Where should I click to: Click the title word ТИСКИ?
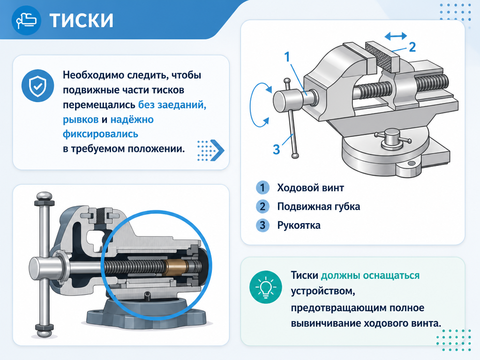click(82, 20)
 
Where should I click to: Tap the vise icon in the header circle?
click(26, 20)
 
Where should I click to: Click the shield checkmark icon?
click(37, 86)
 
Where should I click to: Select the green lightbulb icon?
click(265, 287)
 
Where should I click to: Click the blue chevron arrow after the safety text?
click(217, 150)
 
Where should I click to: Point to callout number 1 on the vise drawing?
click(287, 57)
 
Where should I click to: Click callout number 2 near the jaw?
click(412, 47)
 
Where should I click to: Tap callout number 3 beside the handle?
click(276, 150)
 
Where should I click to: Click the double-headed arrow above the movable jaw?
click(396, 36)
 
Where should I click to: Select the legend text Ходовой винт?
click(310, 187)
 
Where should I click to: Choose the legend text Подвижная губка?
click(318, 207)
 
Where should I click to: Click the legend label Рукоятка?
click(299, 225)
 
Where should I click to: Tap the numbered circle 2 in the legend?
click(262, 207)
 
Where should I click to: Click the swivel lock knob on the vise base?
click(392, 138)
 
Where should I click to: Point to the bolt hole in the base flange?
click(411, 164)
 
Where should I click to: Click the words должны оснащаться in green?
click(370, 276)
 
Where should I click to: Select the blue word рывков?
click(81, 120)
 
